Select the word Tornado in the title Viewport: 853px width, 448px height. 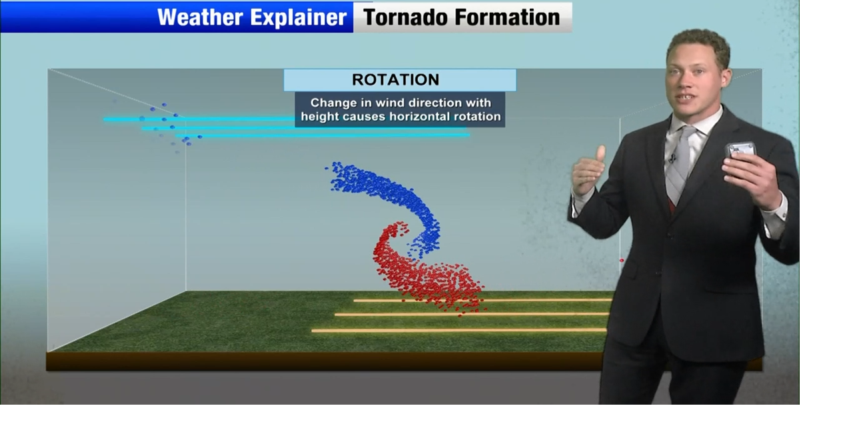[405, 17]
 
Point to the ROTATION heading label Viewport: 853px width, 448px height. [396, 80]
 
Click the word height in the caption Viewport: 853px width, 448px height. [319, 117]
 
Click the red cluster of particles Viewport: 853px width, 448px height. [420, 273]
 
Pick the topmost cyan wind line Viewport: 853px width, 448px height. [200, 119]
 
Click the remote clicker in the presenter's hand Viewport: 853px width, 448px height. [740, 149]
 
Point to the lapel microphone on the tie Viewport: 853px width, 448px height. [673, 158]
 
